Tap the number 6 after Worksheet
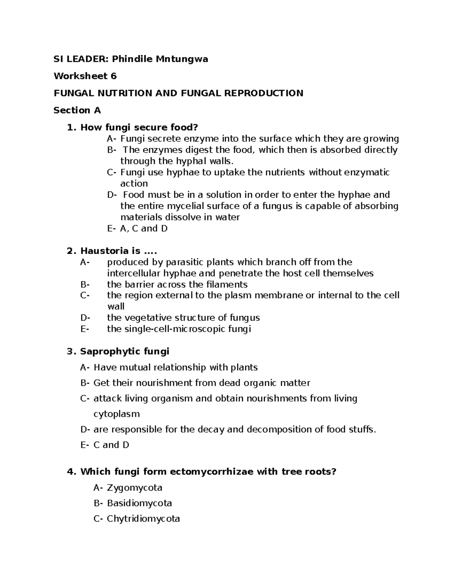pyautogui.click(x=113, y=76)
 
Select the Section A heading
pyautogui.click(x=77, y=110)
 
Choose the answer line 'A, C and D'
pyautogui.click(x=144, y=228)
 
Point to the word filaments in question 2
pyautogui.click(x=227, y=284)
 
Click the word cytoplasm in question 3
pyautogui.click(x=117, y=414)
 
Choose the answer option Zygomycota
pyautogui.click(x=135, y=488)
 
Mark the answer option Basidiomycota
pyautogui.click(x=139, y=503)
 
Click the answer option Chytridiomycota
pyautogui.click(x=143, y=519)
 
